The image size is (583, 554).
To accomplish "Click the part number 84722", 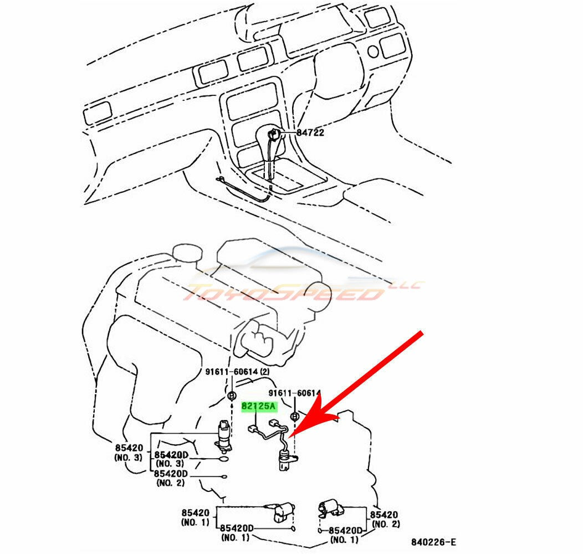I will click(x=310, y=133).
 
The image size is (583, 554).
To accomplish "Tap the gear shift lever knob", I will click(x=274, y=134).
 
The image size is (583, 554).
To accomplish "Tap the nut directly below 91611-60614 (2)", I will click(x=232, y=394).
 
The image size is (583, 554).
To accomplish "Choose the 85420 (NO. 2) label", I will click(x=386, y=519).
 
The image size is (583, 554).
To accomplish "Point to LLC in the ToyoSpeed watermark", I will click(x=411, y=285).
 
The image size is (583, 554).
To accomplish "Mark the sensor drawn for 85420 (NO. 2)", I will click(x=330, y=507).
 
